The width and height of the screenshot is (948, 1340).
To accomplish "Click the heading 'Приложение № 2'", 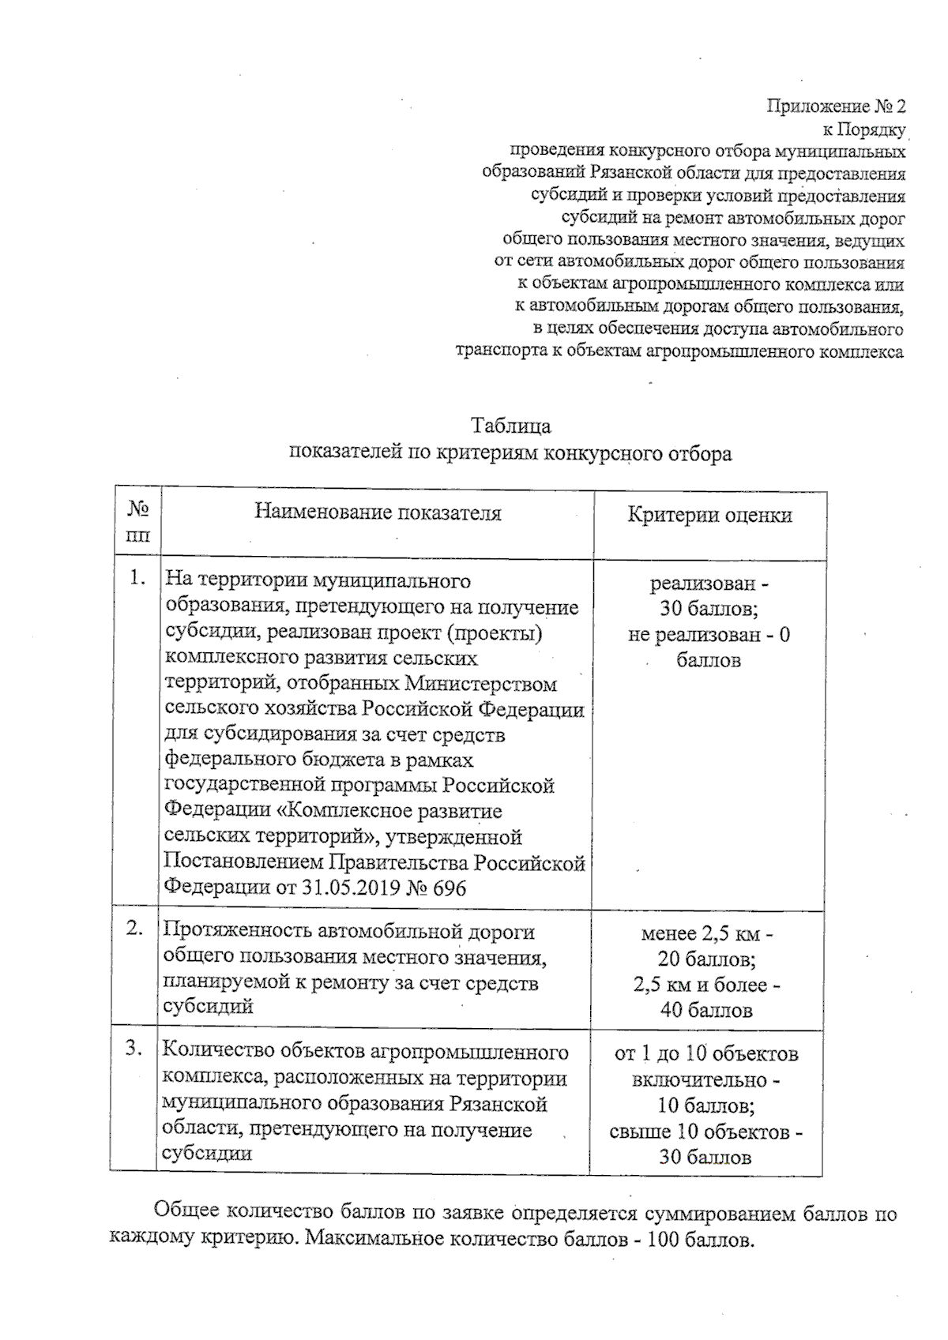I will point(836,106).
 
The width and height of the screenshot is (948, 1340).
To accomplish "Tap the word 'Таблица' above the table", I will point(510,426).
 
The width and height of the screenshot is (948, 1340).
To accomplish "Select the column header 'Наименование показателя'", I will point(378,512).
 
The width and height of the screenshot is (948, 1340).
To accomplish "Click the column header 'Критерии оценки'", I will point(709,516).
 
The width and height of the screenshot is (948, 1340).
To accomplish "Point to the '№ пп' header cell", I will point(137,521).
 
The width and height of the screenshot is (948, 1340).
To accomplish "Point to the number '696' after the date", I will point(450,888).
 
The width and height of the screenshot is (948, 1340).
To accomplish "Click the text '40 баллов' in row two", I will point(706,1010).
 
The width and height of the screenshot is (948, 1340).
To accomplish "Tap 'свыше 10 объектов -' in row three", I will point(706,1132).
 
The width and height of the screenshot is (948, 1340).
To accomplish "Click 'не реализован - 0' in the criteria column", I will point(709,635).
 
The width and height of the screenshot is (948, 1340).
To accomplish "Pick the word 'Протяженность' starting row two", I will point(227,932).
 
